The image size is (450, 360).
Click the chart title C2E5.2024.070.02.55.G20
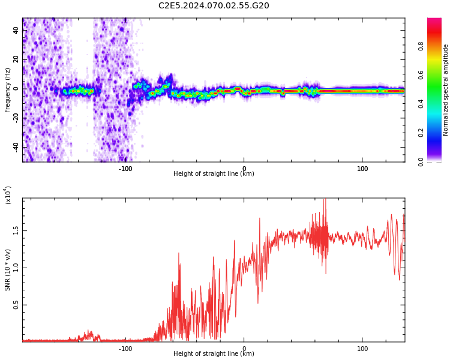[x=214, y=6]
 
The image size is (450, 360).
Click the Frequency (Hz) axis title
[x=7, y=90]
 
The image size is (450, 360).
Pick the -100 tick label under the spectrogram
[x=125, y=169]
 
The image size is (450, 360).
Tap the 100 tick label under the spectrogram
[x=362, y=169]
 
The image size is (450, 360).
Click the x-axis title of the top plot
[x=214, y=174]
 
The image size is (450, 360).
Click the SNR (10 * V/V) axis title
[x=7, y=269]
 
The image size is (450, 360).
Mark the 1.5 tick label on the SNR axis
[x=16, y=230]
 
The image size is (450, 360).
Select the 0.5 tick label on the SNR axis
[x=16, y=305]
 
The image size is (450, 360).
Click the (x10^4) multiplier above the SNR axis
[x=8, y=196]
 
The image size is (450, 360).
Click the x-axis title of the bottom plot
[x=214, y=354]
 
